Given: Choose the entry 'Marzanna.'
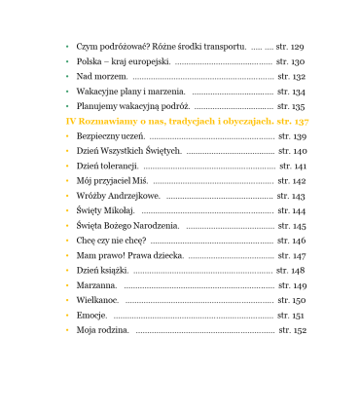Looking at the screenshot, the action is pos(96,285).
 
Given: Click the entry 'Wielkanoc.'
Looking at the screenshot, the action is pos(97,301).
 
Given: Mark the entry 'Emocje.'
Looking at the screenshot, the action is pos(92,316).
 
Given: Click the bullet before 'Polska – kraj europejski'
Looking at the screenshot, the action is pos(66,61).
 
